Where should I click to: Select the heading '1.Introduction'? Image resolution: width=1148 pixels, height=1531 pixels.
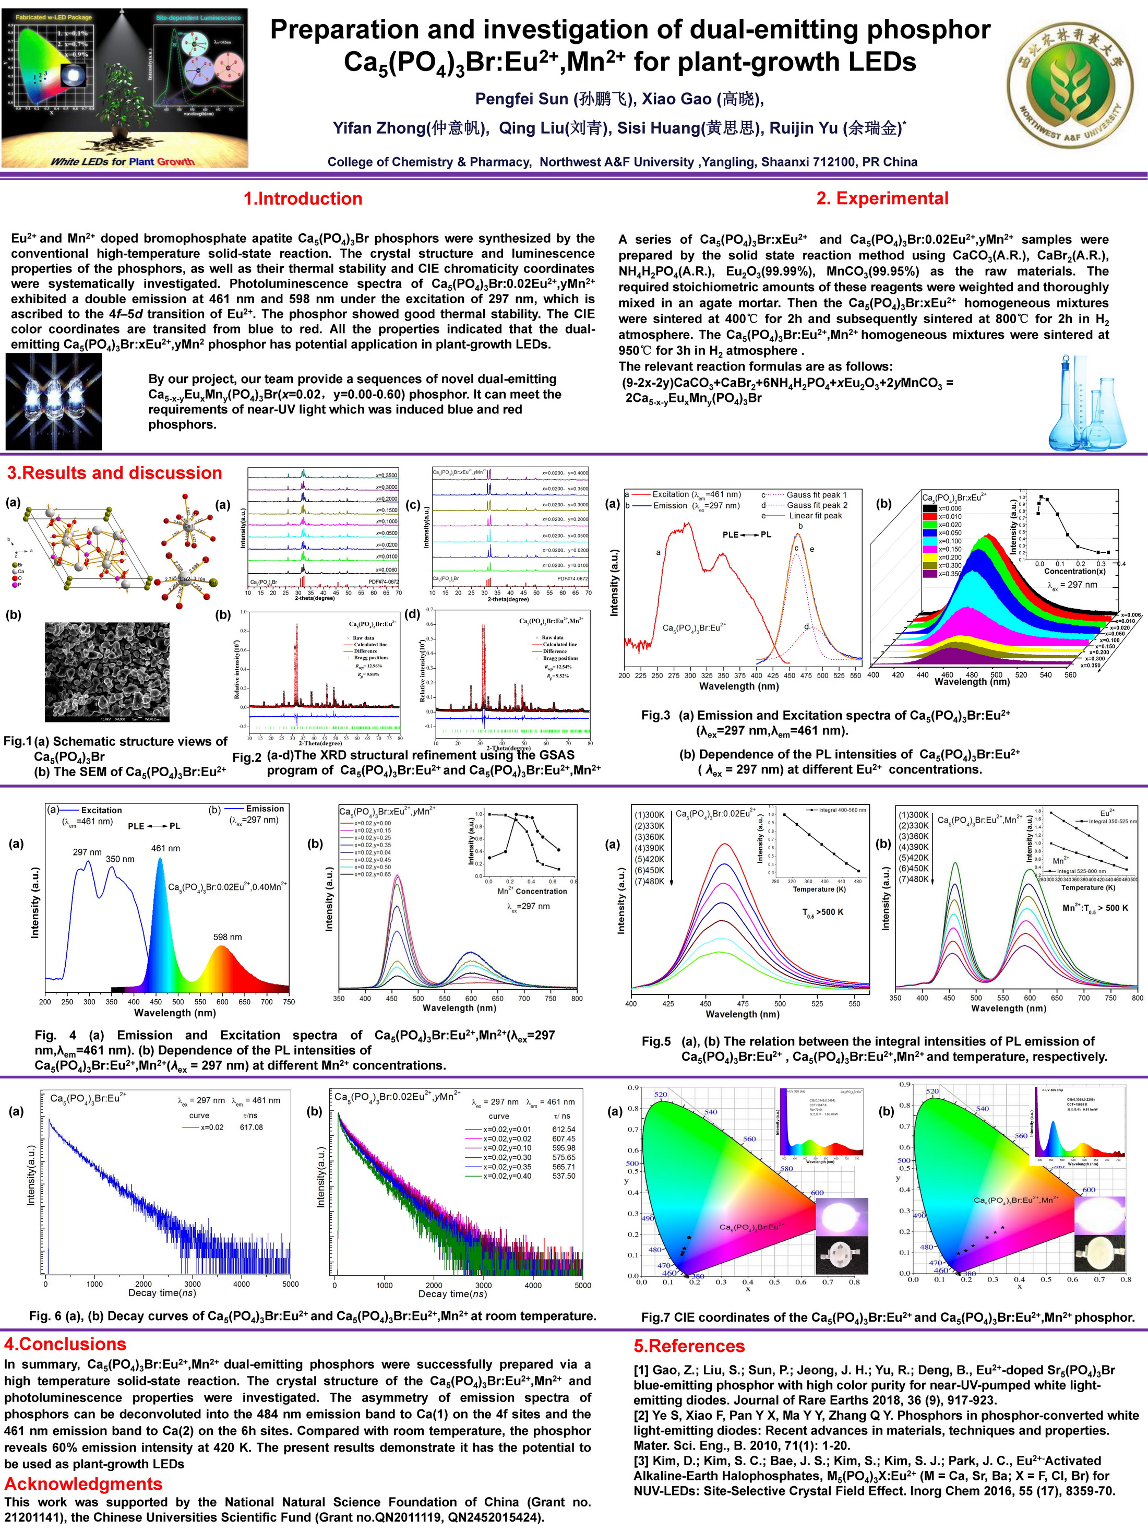tap(303, 199)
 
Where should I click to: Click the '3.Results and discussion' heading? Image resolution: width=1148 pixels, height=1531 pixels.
tap(114, 473)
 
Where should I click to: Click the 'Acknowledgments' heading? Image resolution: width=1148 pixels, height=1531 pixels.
tap(83, 1484)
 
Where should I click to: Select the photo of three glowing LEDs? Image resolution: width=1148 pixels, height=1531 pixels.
tap(53, 402)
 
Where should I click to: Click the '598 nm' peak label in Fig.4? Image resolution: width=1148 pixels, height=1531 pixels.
tap(227, 937)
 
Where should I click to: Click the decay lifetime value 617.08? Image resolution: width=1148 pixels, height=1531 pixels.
tap(251, 1128)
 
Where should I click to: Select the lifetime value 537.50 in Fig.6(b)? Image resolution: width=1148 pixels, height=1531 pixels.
tap(563, 1176)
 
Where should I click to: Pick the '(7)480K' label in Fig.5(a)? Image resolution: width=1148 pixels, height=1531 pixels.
tap(649, 881)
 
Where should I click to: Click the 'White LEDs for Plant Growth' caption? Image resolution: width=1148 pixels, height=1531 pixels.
tap(123, 162)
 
